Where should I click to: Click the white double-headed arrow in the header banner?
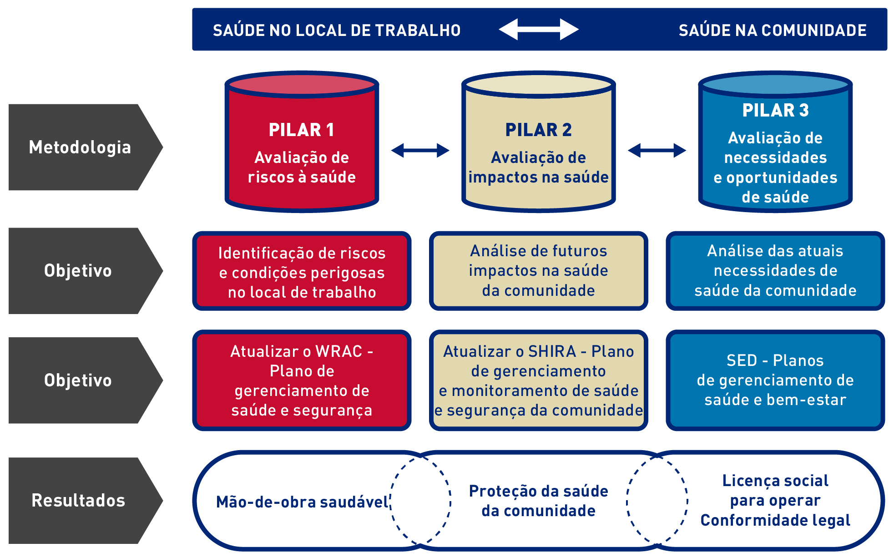[539, 30]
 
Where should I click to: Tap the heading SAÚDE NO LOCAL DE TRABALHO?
[337, 30]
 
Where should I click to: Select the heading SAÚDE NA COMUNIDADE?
[773, 30]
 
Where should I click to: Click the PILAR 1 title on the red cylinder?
[302, 130]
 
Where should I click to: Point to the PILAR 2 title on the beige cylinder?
[538, 130]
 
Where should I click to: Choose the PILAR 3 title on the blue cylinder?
[775, 111]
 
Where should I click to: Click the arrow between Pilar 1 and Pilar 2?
[420, 150]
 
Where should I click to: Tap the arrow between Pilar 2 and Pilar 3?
[657, 150]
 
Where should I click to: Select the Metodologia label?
[80, 147]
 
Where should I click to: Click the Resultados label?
[78, 501]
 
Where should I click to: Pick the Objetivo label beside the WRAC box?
[78, 380]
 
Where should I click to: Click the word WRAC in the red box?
[339, 351]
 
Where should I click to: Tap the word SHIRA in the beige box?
[552, 351]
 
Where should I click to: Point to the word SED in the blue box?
[742, 360]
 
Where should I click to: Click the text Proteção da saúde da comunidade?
[538, 501]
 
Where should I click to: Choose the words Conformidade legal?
[775, 520]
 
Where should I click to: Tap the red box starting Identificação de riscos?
[302, 272]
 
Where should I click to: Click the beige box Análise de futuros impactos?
[538, 271]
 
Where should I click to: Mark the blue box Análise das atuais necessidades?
[775, 271]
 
